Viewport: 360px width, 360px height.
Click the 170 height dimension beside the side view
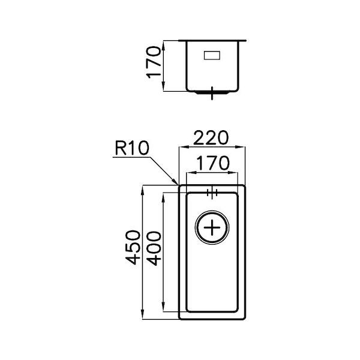coord(155,66)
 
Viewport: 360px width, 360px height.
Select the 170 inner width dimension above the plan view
coord(212,164)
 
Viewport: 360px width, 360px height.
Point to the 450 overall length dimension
coord(133,247)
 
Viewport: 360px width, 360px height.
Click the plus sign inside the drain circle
coord(212,228)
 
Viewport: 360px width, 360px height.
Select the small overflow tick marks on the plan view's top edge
coord(212,193)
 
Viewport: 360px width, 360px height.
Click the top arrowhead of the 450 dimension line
coord(142,187)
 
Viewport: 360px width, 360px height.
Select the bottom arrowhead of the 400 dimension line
coord(163,310)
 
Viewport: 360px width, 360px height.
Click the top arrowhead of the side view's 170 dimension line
coord(164,41)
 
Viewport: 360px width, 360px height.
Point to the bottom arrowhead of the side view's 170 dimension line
coord(164,90)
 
